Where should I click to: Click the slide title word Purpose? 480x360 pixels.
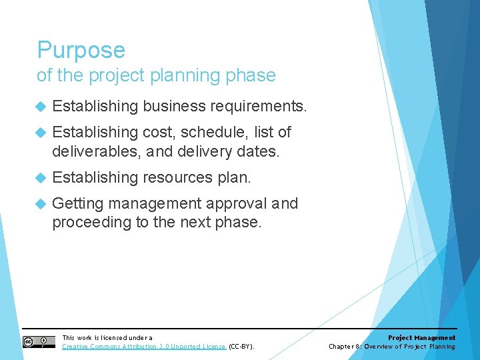tap(81, 51)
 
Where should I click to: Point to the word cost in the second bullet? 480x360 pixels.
tap(157, 133)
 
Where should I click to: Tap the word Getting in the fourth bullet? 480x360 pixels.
tap(77, 204)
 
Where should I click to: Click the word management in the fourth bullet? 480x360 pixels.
tap(155, 204)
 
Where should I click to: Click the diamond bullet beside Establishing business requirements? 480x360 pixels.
tap(40, 106)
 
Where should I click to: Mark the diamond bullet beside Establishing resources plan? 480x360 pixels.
tap(40, 177)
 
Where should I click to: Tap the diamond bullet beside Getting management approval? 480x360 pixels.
tap(40, 204)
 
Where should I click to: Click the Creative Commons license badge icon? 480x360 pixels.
tap(39, 342)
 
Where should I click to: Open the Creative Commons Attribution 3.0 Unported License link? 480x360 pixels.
tap(144, 347)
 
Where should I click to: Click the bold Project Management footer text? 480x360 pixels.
tap(421, 338)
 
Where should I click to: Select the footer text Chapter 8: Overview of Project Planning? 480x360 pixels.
tap(392, 347)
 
